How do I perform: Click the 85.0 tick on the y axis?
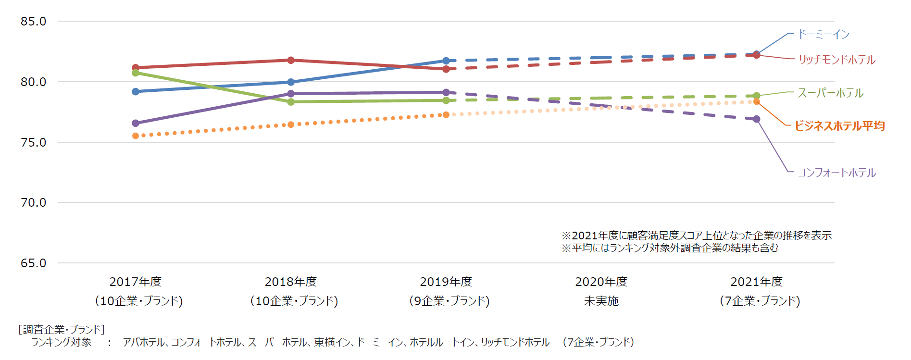(33, 22)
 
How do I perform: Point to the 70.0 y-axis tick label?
(33, 203)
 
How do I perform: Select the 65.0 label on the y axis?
(33, 263)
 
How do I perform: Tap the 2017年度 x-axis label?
(136, 282)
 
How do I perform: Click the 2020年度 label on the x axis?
(601, 282)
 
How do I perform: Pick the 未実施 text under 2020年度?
(601, 301)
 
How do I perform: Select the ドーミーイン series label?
(824, 35)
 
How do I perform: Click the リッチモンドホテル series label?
(836, 60)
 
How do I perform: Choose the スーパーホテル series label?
(830, 93)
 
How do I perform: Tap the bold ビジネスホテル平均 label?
(839, 126)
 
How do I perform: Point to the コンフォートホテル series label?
(836, 173)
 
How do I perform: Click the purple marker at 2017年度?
(136, 124)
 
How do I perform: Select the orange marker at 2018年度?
(291, 124)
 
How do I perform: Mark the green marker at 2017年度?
(136, 73)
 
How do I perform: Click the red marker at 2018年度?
(291, 60)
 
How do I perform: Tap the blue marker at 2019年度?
(446, 61)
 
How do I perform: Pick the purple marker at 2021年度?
(757, 119)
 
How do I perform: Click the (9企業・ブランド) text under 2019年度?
(449, 301)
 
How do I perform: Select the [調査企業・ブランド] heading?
(62, 330)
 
